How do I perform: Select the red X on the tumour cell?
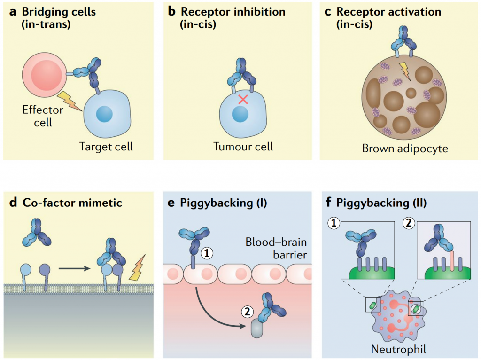coord(242,99)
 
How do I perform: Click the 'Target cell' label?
coord(106,146)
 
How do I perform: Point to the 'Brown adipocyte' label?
coord(405,149)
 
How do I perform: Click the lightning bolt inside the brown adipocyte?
coord(403,69)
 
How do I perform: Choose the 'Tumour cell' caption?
coord(243,146)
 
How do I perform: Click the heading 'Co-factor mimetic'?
coord(72,203)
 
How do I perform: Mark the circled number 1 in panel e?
coord(207,253)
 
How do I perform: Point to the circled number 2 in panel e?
coord(247,311)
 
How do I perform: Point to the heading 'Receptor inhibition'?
coord(233,11)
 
